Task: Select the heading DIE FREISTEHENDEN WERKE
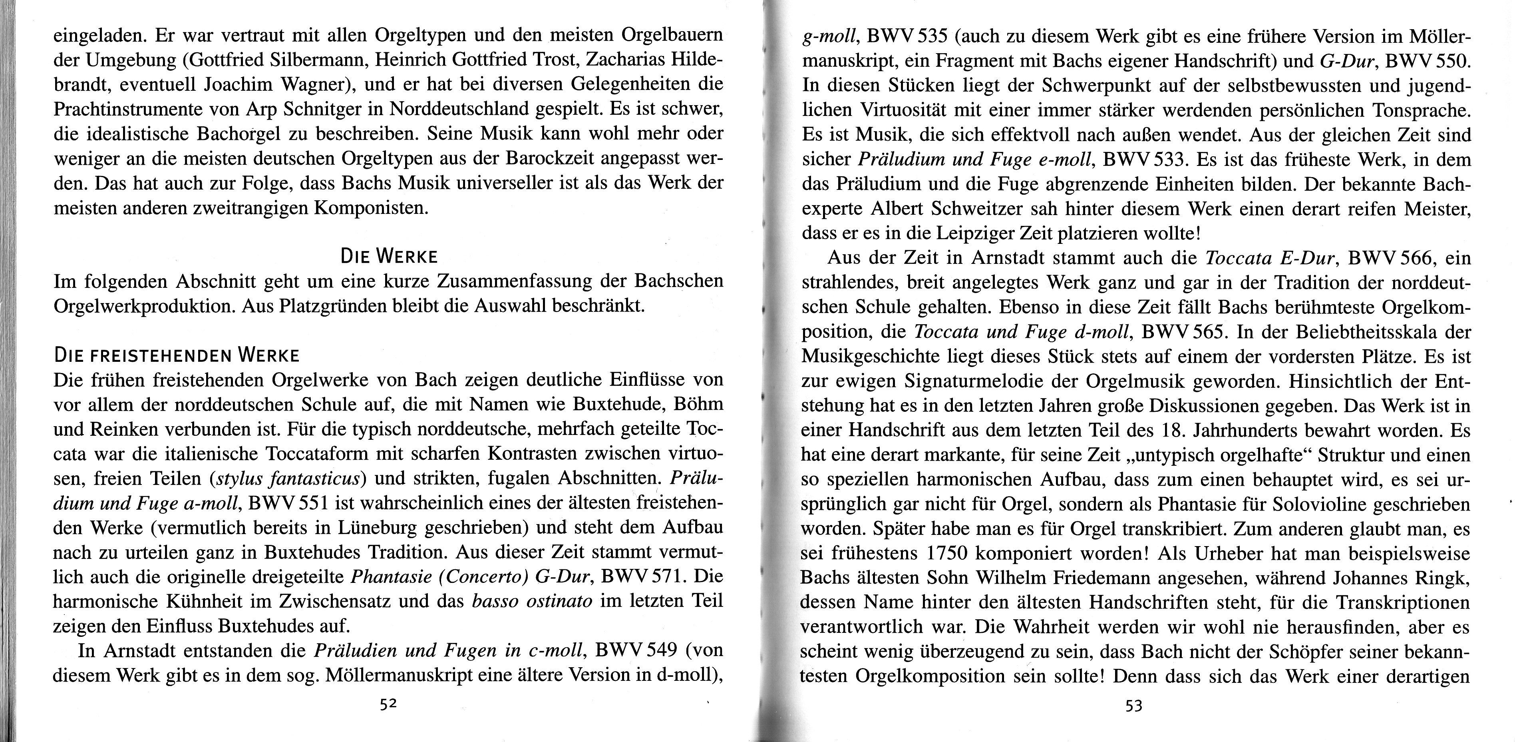pyautogui.click(x=177, y=355)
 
